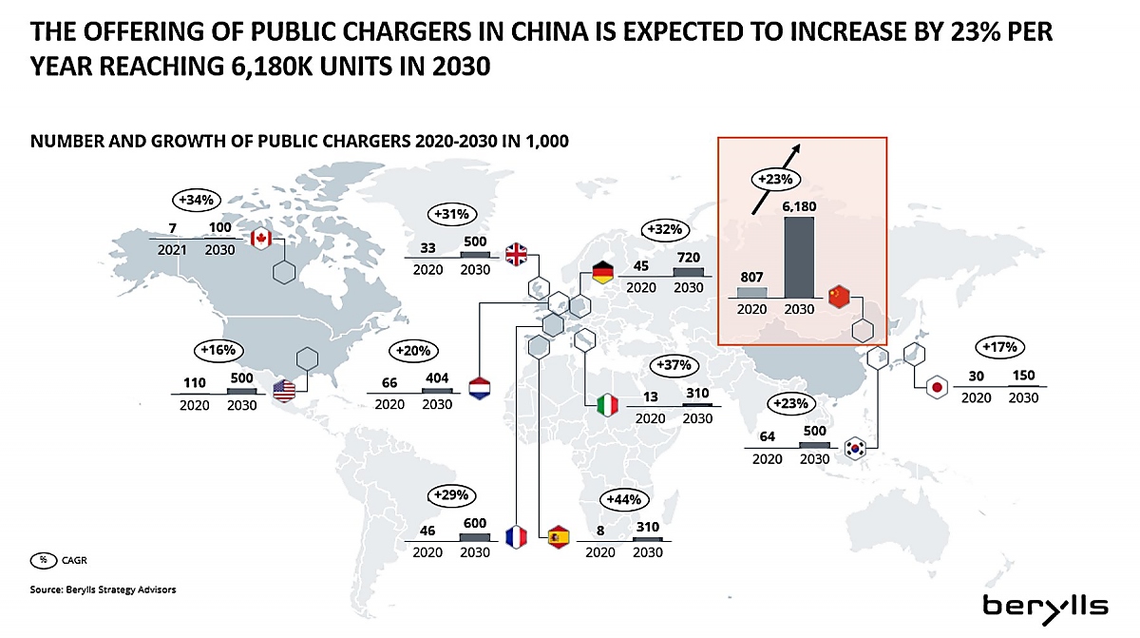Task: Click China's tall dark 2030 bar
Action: click(x=799, y=257)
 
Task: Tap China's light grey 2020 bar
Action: click(x=751, y=292)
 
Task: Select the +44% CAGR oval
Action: click(x=624, y=499)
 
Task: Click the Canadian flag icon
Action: click(x=260, y=239)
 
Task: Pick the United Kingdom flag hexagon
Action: click(x=516, y=254)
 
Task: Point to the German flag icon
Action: click(x=603, y=273)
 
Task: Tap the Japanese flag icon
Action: click(x=937, y=388)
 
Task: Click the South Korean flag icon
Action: click(x=855, y=449)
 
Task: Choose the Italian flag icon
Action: click(x=607, y=405)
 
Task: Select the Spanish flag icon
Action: click(x=559, y=536)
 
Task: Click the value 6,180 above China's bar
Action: click(x=799, y=206)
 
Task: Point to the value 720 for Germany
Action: click(x=689, y=258)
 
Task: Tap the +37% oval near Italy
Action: click(x=674, y=365)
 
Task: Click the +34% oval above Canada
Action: click(x=197, y=200)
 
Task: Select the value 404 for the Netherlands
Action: click(x=437, y=377)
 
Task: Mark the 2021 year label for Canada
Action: click(x=172, y=250)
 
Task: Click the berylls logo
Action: click(x=1045, y=609)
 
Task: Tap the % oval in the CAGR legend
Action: click(x=44, y=560)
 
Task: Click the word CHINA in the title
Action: click(x=550, y=31)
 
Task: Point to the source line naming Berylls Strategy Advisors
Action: click(x=103, y=590)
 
